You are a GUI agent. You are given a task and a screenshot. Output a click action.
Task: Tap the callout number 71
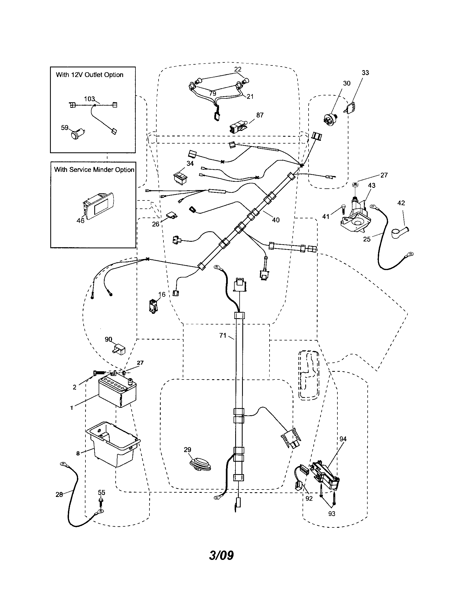click(223, 335)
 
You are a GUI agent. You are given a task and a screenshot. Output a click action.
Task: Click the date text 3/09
click(221, 555)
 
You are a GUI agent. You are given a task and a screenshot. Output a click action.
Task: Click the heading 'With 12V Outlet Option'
click(89, 75)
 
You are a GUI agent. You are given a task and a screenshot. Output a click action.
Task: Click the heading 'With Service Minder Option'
click(94, 169)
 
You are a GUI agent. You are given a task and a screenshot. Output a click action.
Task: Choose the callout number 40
click(276, 220)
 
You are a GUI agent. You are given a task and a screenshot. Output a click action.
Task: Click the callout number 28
click(59, 494)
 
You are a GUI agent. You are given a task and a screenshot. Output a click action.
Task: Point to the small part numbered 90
click(119, 348)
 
